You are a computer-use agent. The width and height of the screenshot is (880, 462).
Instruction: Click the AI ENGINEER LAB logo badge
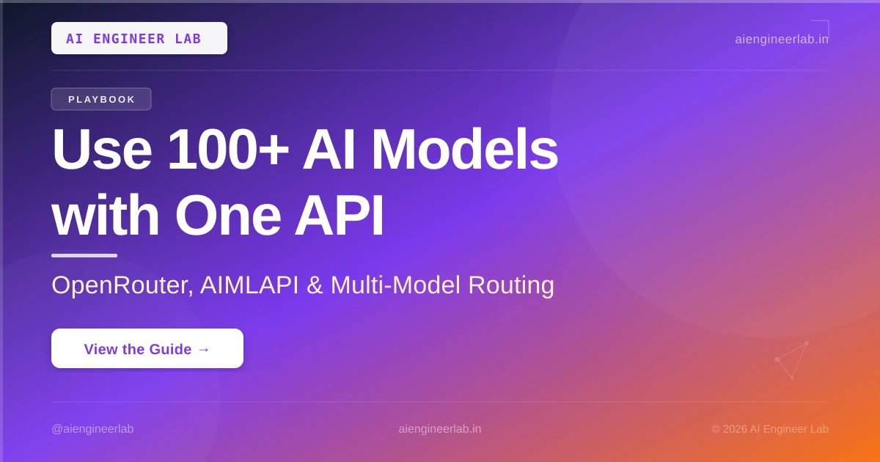pyautogui.click(x=139, y=38)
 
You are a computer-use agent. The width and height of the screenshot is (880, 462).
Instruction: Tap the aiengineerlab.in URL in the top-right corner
pyautogui.click(x=782, y=40)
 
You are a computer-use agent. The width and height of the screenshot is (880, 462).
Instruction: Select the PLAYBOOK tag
pyautogui.click(x=101, y=99)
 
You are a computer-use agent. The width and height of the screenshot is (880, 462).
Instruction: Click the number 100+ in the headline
pyautogui.click(x=228, y=150)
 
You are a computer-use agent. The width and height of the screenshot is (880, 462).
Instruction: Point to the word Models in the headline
pyautogui.click(x=464, y=150)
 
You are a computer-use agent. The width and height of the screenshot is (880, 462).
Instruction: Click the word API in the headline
pyautogui.click(x=339, y=216)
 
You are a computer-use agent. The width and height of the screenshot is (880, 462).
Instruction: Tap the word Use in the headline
pyautogui.click(x=102, y=150)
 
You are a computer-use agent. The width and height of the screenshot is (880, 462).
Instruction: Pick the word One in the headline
pyautogui.click(x=228, y=216)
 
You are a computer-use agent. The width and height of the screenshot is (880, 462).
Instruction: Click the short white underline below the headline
pyautogui.click(x=84, y=256)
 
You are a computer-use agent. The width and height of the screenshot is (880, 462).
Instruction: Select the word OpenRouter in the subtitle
pyautogui.click(x=122, y=285)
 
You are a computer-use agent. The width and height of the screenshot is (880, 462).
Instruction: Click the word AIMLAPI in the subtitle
pyautogui.click(x=249, y=285)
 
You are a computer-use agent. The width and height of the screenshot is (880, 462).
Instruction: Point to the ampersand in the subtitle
pyautogui.click(x=315, y=285)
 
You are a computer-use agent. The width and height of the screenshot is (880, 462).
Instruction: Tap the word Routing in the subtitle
pyautogui.click(x=511, y=285)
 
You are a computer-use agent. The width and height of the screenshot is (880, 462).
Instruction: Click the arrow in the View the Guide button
pyautogui.click(x=204, y=349)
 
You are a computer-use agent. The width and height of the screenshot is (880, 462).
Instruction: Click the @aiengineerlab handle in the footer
pyautogui.click(x=92, y=429)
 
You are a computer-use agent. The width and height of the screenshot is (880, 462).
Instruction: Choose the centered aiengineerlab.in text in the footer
pyautogui.click(x=439, y=429)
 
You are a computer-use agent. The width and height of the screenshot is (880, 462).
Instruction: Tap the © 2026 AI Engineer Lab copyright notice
pyautogui.click(x=770, y=429)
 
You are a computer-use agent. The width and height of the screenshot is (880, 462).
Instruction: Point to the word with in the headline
pyautogui.click(x=106, y=216)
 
